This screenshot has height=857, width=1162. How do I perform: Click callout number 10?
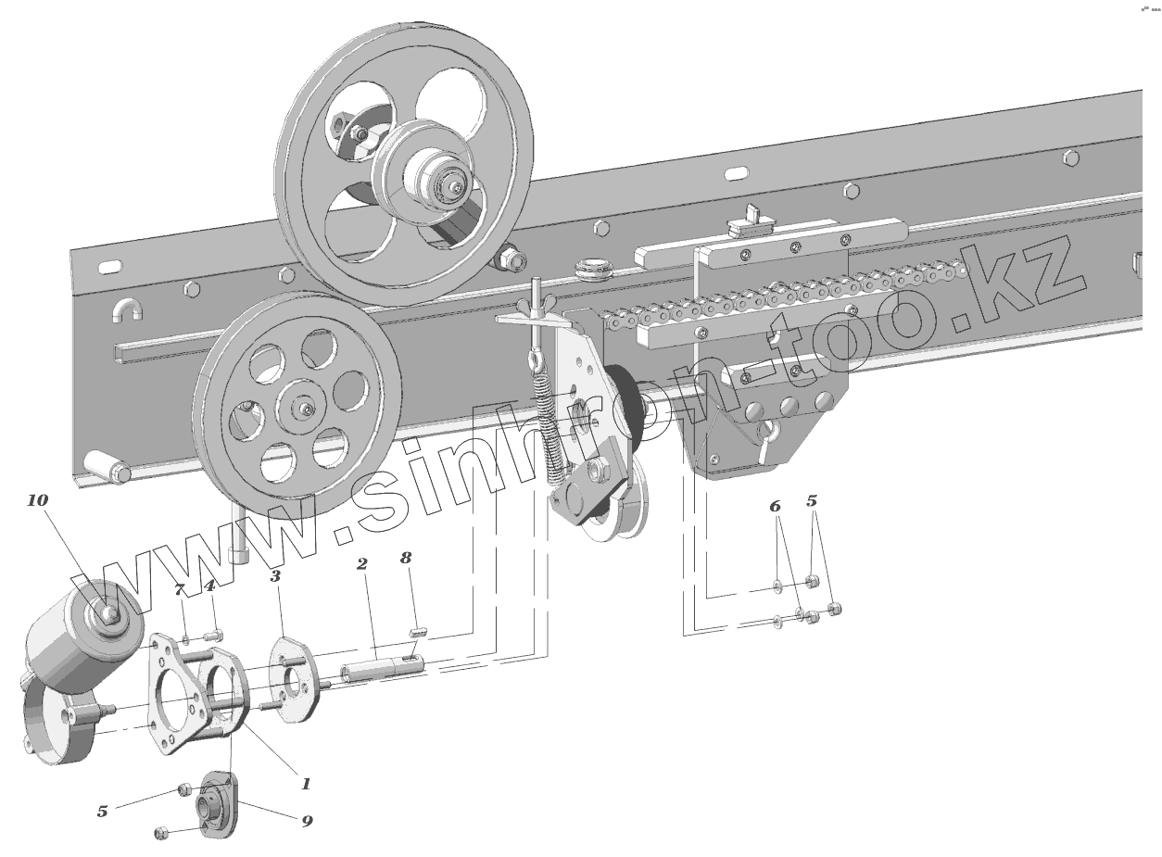coord(37,500)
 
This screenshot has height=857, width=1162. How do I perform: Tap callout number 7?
coord(180,589)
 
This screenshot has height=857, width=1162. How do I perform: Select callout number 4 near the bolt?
coord(209,586)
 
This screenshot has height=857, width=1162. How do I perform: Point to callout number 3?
coord(275,575)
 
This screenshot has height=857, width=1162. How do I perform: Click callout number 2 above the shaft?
coord(362,563)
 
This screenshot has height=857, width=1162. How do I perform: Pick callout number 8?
coord(406,558)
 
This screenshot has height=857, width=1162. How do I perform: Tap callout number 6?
coord(775,506)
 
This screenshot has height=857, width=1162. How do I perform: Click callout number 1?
coord(306,783)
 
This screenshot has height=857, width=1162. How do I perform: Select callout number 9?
coord(307,821)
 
